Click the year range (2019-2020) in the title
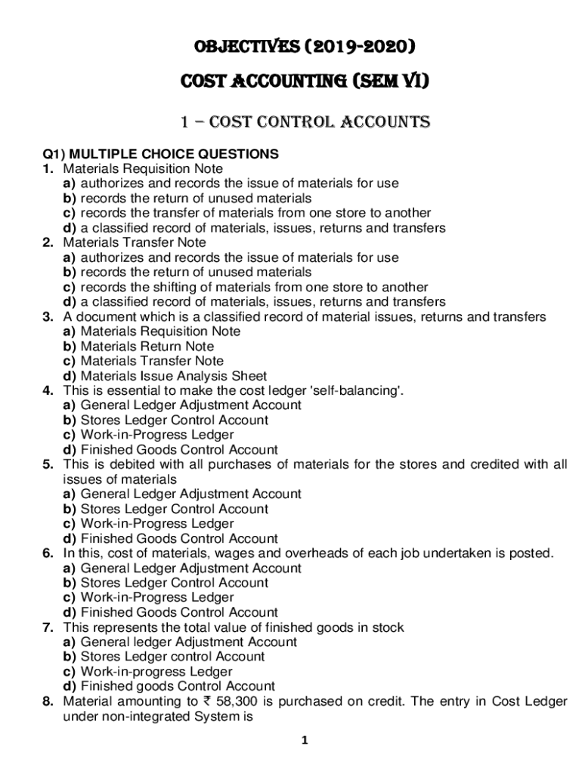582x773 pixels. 355,48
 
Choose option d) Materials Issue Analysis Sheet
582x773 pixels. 173,376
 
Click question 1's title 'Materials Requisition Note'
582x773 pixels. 143,169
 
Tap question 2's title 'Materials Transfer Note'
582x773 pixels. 135,243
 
